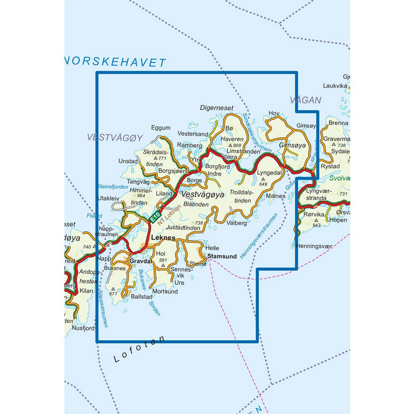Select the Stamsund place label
(222, 257)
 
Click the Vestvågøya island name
(204, 194)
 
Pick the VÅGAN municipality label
(305, 100)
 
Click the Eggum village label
(161, 128)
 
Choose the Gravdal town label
(140, 262)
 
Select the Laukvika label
(334, 86)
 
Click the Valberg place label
(236, 223)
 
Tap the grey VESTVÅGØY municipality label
(115, 137)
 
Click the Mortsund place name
(165, 291)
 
